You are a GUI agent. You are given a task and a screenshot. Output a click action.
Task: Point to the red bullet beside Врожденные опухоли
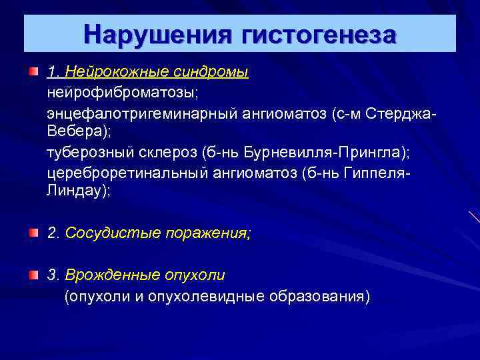point(33,274)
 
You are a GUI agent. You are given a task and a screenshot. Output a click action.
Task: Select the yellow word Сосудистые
point(107,234)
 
